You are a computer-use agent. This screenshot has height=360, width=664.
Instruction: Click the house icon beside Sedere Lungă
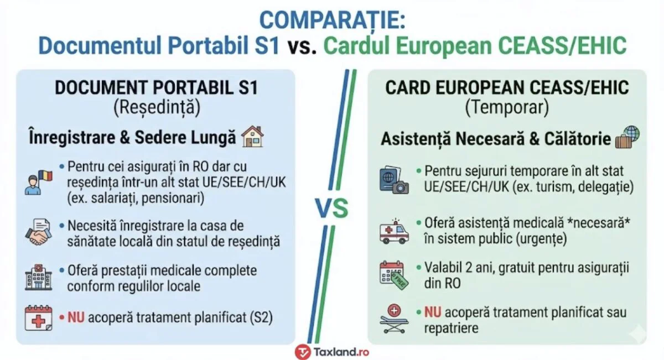(253, 137)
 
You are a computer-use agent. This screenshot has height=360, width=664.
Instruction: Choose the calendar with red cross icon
(38, 318)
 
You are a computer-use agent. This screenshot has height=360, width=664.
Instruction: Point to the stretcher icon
(394, 319)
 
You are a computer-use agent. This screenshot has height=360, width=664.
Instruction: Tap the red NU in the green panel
(433, 313)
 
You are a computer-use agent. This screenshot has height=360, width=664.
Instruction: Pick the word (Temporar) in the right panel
(507, 107)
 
